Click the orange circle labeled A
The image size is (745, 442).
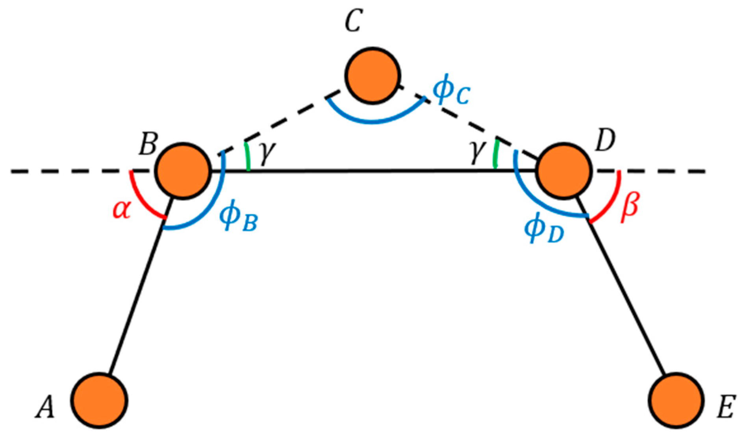tap(99, 400)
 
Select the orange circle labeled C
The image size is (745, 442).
tap(373, 76)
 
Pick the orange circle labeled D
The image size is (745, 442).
tap(564, 171)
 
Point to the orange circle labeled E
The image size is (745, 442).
tap(676, 400)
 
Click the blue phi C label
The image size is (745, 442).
tap(450, 91)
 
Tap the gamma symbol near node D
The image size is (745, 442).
tap(476, 152)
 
